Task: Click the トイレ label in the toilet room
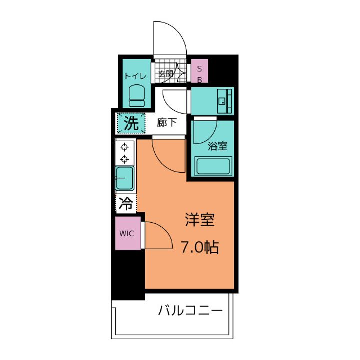135,76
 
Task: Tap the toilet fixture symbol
137,96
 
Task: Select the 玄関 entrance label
166,74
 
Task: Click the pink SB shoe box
200,71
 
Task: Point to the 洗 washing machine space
131,123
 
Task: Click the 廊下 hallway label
167,123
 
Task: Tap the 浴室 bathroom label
217,146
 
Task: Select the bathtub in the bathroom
213,166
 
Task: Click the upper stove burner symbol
124,147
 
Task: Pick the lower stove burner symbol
124,159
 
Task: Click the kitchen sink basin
125,178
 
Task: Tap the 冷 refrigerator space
126,203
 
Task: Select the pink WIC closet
128,233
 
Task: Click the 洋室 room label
200,220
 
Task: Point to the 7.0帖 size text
200,247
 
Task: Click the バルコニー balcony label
190,311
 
